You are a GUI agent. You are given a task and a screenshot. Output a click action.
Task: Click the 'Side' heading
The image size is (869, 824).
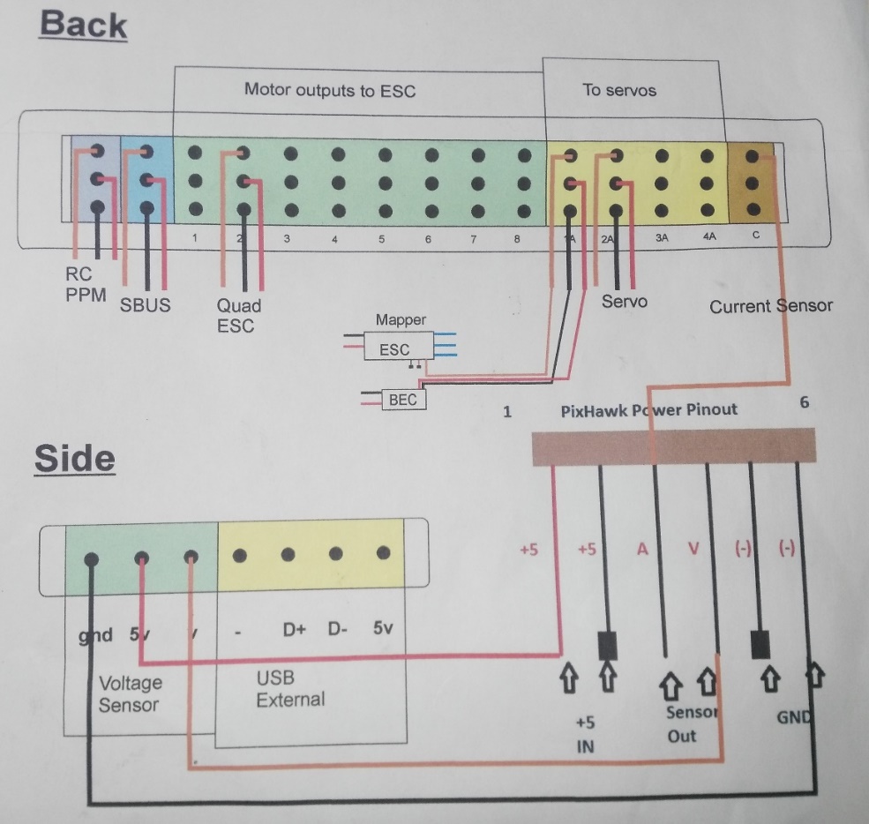tap(75, 459)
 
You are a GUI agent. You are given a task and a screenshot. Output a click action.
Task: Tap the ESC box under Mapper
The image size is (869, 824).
tap(394, 348)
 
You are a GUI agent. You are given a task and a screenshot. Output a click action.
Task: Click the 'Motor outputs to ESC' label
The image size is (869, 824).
tap(329, 90)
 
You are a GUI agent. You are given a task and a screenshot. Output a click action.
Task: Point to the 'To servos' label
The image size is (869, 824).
tap(619, 89)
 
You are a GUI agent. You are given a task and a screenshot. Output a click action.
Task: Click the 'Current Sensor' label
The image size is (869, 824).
tap(770, 306)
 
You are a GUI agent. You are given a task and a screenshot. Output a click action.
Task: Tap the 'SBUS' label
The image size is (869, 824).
tap(146, 305)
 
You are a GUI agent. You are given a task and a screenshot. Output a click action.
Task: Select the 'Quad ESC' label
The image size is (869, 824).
tap(238, 315)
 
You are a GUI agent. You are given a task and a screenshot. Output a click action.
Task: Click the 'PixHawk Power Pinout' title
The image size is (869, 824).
tap(648, 409)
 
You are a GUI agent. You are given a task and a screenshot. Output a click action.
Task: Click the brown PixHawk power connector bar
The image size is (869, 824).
tap(674, 446)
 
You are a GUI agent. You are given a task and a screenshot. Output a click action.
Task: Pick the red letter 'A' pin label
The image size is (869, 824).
tap(643, 549)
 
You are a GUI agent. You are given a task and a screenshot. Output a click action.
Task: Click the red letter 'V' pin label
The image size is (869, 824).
tap(693, 549)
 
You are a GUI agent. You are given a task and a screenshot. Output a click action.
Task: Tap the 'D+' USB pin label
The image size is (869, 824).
tap(295, 631)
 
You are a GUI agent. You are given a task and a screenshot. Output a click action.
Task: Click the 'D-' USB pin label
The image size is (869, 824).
tap(337, 631)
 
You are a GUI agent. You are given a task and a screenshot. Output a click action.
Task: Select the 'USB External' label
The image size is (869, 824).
tap(289, 689)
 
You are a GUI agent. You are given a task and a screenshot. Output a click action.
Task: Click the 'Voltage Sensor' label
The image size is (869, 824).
tap(130, 693)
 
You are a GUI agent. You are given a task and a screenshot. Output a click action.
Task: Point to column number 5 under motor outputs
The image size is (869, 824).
tap(381, 239)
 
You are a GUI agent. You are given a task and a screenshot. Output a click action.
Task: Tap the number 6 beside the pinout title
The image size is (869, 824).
tap(804, 402)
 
